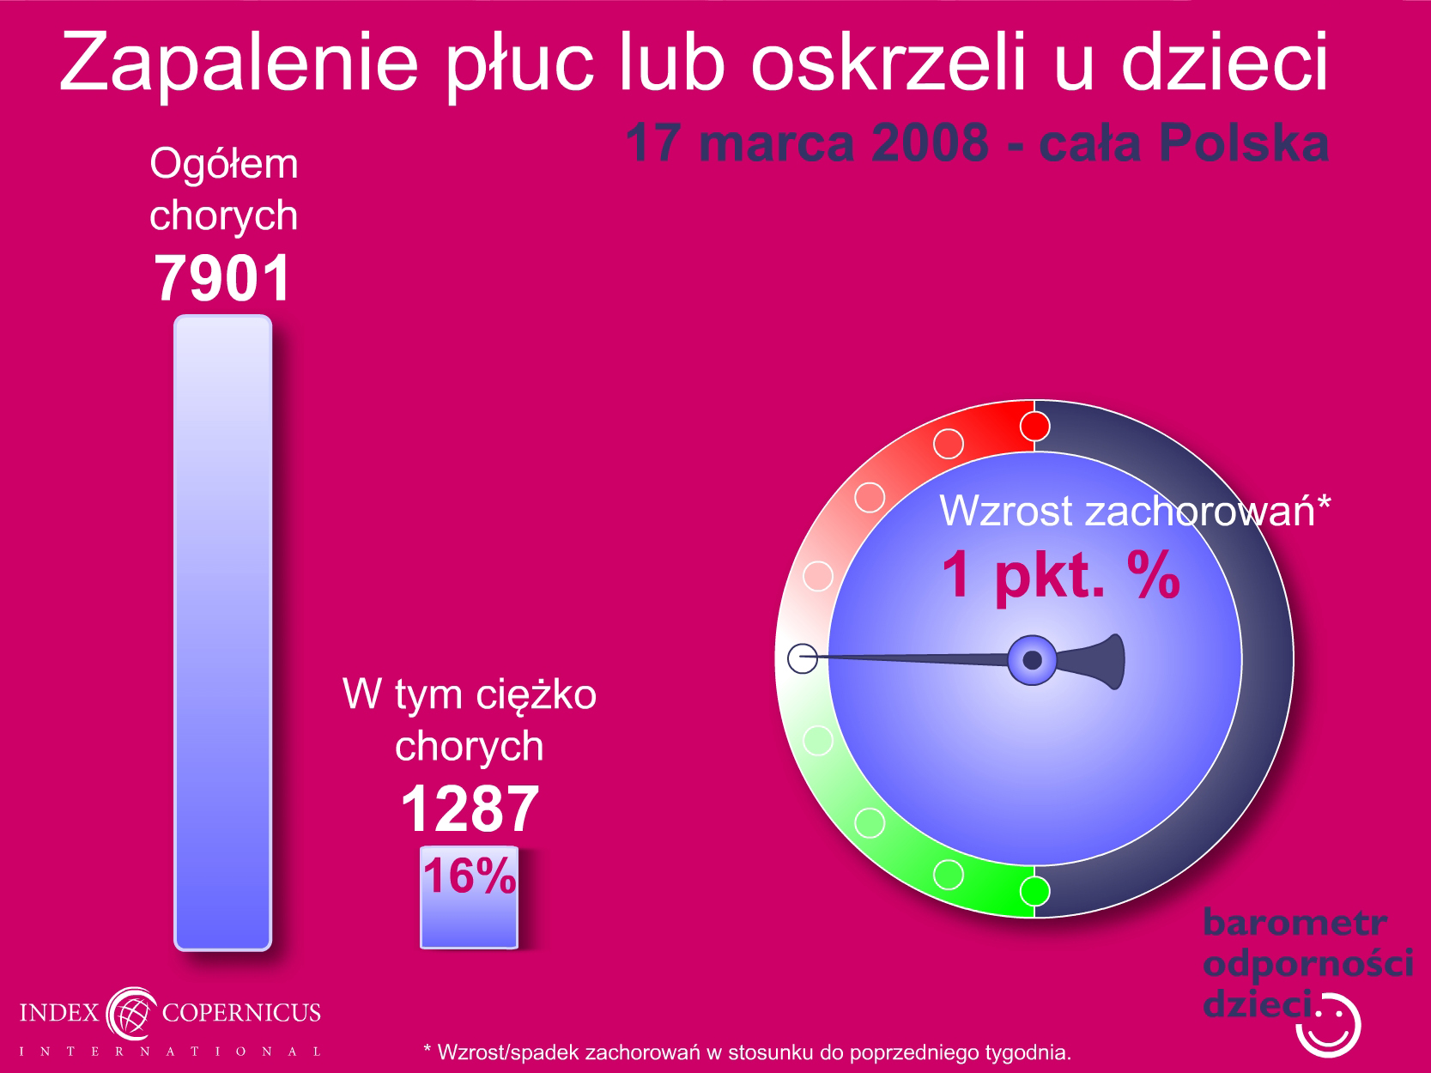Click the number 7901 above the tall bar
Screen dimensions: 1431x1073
pyautogui.click(x=222, y=278)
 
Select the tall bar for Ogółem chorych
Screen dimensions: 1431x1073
pyautogui.click(x=223, y=633)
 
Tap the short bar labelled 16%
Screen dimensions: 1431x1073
pyautogui.click(x=470, y=898)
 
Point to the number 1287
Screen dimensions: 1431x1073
pyautogui.click(x=470, y=809)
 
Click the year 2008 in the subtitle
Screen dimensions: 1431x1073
pyautogui.click(x=930, y=142)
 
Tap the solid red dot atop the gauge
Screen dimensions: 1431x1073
pyautogui.click(x=1034, y=427)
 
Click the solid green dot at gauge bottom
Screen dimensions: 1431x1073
pyautogui.click(x=1034, y=891)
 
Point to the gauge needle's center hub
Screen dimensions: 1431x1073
pyautogui.click(x=1033, y=660)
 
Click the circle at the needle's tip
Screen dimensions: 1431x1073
pyautogui.click(x=803, y=658)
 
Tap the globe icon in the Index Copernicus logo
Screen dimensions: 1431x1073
pyautogui.click(x=131, y=1014)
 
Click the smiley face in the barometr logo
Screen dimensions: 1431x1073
pyautogui.click(x=1329, y=1026)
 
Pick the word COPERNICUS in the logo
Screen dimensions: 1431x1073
pyautogui.click(x=241, y=1013)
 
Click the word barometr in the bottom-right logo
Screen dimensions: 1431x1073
pyautogui.click(x=1295, y=923)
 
